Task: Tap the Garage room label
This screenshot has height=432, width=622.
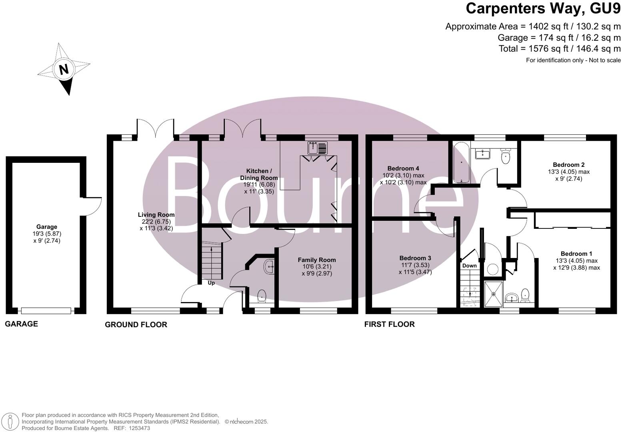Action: (47, 227)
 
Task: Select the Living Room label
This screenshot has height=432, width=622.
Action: (156, 215)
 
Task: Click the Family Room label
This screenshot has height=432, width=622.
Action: (317, 260)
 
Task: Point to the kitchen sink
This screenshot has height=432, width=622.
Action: (318, 148)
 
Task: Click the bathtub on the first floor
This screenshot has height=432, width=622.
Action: (462, 163)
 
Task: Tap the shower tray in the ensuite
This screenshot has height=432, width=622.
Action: (494, 294)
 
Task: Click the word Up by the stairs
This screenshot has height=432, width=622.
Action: (211, 283)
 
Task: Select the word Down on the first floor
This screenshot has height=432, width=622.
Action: (469, 266)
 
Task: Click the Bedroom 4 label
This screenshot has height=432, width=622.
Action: (403, 168)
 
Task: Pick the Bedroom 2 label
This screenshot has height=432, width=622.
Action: (569, 165)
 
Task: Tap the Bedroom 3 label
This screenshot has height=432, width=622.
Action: (415, 258)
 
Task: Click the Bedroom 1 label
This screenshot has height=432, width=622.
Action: (576, 254)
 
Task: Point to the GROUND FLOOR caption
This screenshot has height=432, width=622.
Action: (136, 324)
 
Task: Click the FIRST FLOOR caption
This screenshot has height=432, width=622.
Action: (390, 324)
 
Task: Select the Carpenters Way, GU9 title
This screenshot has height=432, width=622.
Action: (543, 8)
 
